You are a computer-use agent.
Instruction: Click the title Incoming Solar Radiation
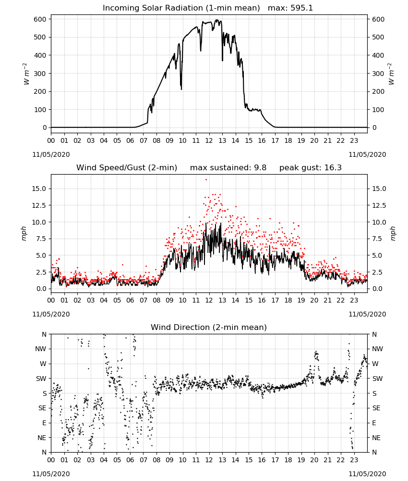point(153,8)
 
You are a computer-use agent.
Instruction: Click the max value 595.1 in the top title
point(301,8)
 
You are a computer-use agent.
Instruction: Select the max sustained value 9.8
point(260,168)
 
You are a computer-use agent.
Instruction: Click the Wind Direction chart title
point(209,327)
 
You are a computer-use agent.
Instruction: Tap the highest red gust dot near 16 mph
point(206,179)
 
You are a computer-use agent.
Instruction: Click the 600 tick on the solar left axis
point(40,19)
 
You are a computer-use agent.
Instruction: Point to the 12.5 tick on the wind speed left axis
point(39,205)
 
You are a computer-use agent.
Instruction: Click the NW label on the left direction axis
point(41,349)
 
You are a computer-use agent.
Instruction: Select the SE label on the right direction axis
point(376,408)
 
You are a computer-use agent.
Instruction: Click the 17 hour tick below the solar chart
point(275,140)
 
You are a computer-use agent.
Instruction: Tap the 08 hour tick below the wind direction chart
point(156,459)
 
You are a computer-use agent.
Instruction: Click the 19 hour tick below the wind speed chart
point(301,300)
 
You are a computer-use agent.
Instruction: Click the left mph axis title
point(24,233)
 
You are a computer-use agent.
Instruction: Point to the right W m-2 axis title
point(391,74)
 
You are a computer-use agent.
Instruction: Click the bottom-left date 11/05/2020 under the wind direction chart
point(51,474)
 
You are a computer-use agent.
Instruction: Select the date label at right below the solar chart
point(367,154)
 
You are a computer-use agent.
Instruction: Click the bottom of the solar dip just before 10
point(181,89)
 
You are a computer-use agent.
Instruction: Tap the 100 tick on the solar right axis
point(378,110)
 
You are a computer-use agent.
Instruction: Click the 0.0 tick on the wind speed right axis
point(377,289)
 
